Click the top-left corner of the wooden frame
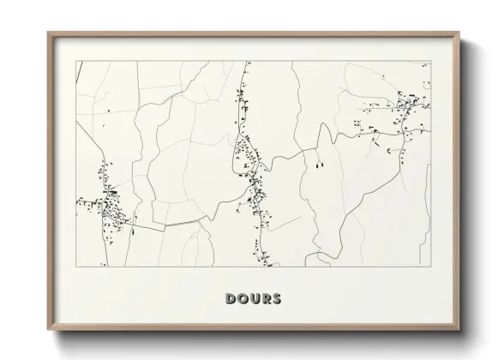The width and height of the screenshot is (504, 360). (48, 33)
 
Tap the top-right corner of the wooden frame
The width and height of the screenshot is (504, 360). (459, 33)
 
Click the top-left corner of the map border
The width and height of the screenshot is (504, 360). (76, 61)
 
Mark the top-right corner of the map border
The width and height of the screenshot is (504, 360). (429, 61)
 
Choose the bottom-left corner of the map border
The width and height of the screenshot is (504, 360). (76, 267)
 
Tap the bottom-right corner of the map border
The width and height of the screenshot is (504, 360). (429, 267)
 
